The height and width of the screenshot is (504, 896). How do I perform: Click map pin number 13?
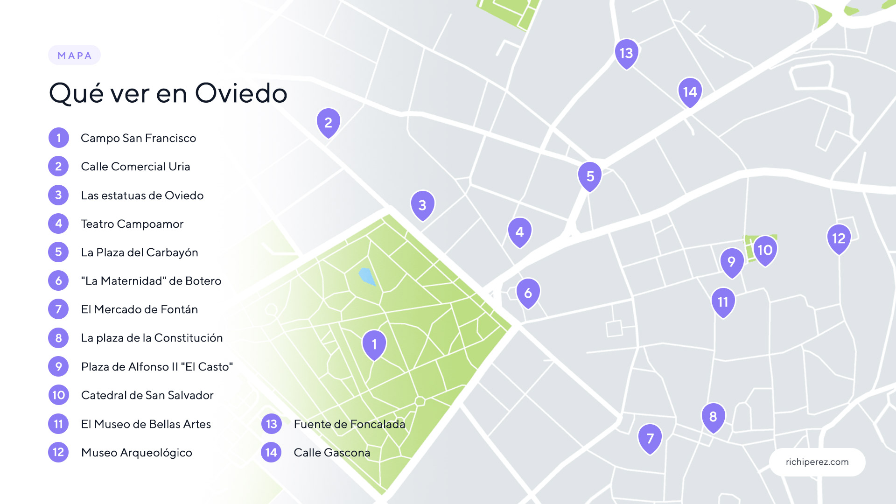pos(626,53)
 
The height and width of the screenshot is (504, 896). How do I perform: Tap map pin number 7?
pos(650,438)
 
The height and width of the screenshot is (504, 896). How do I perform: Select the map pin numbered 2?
pos(328,122)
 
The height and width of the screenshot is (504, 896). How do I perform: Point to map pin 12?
pos(839,238)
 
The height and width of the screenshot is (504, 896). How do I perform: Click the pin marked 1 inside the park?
pos(374,344)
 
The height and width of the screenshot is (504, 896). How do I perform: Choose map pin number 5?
pos(590,176)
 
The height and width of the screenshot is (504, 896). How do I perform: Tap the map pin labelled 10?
pos(765,250)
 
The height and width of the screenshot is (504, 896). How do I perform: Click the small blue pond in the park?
pos(367,276)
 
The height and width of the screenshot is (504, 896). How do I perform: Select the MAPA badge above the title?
pos(74,56)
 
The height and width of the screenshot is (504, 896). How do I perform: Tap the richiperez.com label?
pos(817,462)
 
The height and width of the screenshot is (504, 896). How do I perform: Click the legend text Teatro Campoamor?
pos(132,224)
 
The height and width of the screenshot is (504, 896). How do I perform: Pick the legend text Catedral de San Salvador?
pos(147,395)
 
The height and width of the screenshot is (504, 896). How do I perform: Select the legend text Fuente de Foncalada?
pos(349,424)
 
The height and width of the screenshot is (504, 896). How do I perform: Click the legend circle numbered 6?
pos(58,280)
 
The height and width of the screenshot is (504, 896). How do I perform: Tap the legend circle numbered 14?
pos(271,452)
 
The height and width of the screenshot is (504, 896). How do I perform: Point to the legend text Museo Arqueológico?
pos(136,453)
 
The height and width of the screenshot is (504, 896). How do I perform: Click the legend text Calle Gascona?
pos(331,453)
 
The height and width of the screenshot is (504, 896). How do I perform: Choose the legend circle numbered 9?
pos(58,366)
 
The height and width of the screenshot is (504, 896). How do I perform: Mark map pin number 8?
pos(713,416)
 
